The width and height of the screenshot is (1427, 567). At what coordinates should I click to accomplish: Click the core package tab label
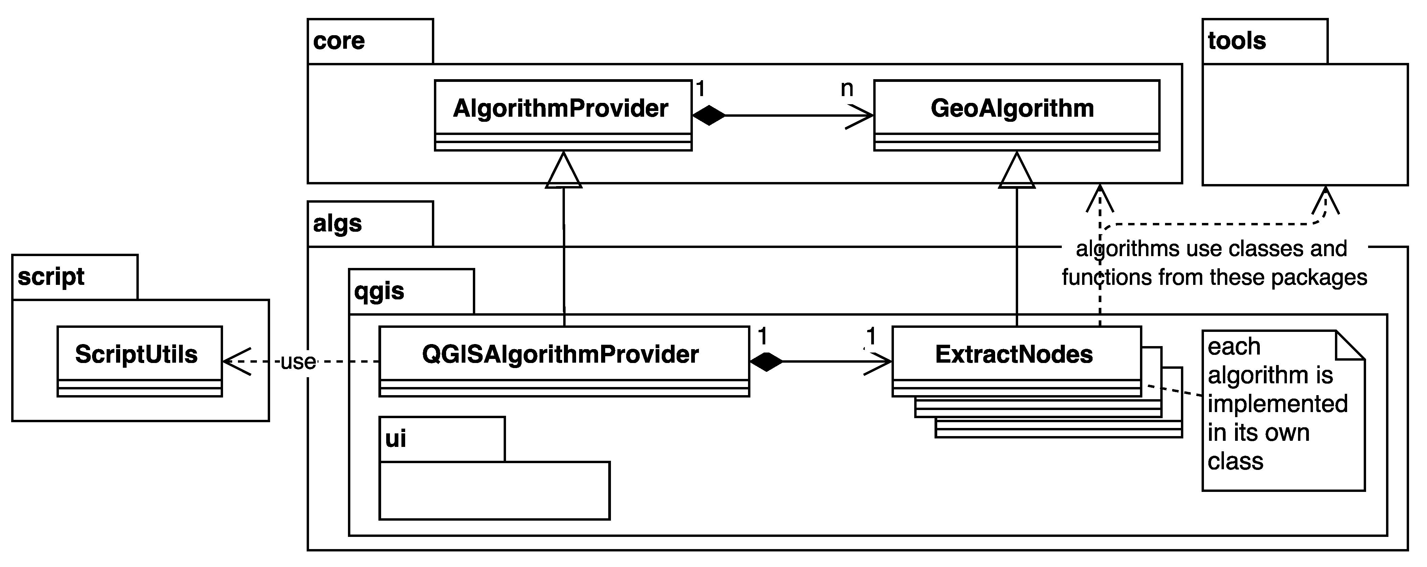[x=339, y=41]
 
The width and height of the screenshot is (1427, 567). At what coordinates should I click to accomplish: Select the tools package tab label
[x=1237, y=41]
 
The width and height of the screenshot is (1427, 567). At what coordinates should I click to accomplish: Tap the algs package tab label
[x=337, y=224]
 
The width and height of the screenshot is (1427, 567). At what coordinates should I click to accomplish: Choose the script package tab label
[x=51, y=276]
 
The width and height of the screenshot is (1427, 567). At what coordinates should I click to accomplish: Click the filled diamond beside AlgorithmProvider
[x=709, y=116]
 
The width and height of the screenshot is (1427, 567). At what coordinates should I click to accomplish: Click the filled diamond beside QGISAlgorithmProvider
[x=767, y=362]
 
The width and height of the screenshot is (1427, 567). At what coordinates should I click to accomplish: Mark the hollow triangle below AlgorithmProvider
[x=563, y=172]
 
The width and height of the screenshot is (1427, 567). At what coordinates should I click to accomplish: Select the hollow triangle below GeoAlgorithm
[x=1016, y=172]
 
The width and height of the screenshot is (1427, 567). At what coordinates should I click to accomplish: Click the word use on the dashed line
[x=298, y=362]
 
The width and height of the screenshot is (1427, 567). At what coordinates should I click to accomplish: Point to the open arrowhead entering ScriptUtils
[x=236, y=362]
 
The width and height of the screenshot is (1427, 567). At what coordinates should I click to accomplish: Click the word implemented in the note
[x=1277, y=404]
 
